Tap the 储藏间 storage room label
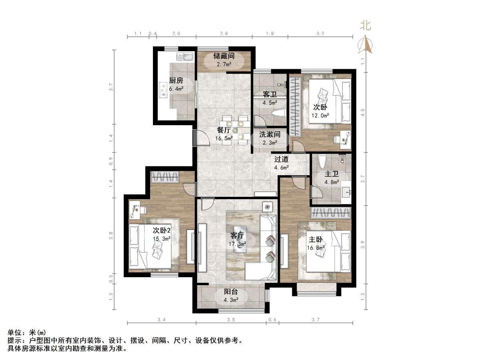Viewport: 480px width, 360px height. [x=224, y=56]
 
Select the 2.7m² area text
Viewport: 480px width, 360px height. [x=224, y=64]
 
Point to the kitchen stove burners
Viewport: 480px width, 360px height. [x=163, y=90]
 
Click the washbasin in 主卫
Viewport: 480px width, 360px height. [x=347, y=193]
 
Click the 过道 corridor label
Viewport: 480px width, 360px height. [x=281, y=159]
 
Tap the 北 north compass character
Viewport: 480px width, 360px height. [x=365, y=26]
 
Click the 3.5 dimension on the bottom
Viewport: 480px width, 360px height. [x=231, y=320]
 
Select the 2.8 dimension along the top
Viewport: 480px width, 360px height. [x=224, y=34]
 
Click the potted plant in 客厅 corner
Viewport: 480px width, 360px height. [x=267, y=207]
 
